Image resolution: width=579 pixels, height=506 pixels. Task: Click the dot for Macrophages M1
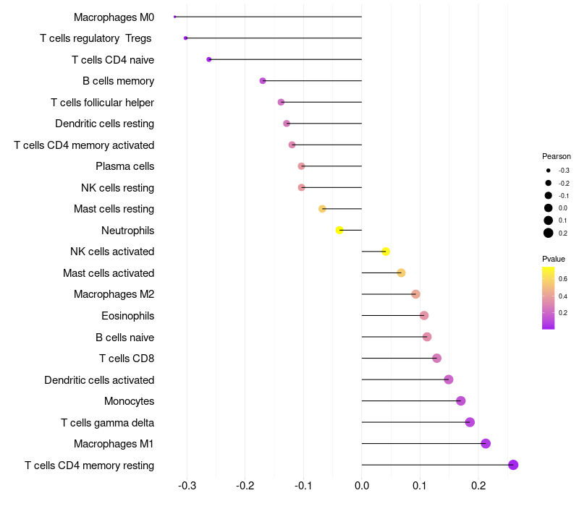[x=486, y=443]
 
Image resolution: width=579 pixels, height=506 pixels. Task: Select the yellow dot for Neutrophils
[x=339, y=230]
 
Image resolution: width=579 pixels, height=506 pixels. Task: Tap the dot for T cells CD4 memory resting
[x=513, y=465]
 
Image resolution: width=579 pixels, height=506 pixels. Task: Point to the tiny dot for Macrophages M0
[x=175, y=17]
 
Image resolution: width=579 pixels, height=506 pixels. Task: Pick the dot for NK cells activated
[x=386, y=252]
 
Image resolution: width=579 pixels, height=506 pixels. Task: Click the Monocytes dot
[x=461, y=400]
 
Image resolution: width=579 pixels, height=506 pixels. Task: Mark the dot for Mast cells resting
[x=323, y=209]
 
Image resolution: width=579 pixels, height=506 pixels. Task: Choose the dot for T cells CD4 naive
[x=209, y=59]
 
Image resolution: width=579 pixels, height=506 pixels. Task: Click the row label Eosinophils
[x=127, y=316]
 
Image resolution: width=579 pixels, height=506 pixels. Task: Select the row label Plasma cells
[x=124, y=166]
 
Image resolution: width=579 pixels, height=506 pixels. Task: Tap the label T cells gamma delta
[x=107, y=422]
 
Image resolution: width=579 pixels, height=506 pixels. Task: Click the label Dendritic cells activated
[x=99, y=379]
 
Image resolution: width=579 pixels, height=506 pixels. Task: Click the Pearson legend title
[x=557, y=156]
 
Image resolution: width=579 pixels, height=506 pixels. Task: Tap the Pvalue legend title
[x=554, y=259]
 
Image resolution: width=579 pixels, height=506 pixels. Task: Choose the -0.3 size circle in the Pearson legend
[x=549, y=171]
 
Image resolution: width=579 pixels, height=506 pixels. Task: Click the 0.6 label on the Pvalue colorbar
[x=563, y=278]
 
